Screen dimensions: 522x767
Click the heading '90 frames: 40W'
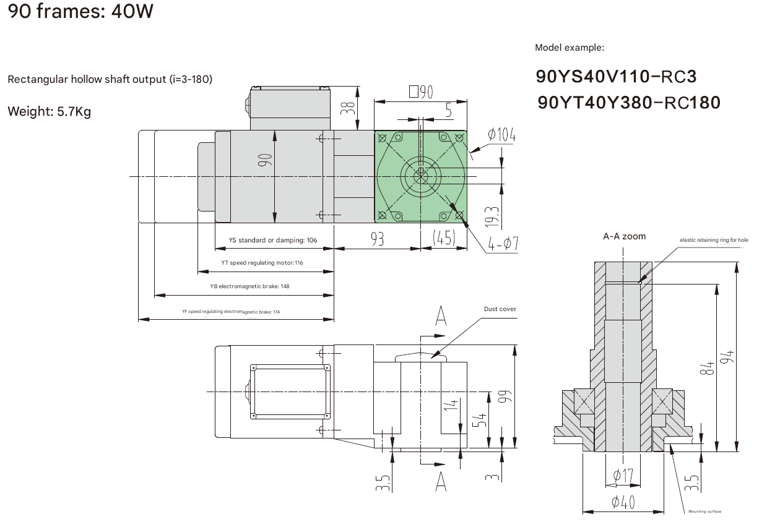click(80, 11)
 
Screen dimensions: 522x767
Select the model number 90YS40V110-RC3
click(616, 77)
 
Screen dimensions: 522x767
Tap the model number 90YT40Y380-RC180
click(629, 102)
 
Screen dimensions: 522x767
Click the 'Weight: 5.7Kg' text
click(49, 112)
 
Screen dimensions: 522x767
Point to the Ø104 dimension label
click(501, 134)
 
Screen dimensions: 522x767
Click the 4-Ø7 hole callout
click(502, 244)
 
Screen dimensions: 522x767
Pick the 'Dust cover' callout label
click(500, 309)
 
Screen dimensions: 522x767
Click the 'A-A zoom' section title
click(624, 236)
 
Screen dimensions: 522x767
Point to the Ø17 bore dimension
click(624, 476)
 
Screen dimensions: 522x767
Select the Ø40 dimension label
click(624, 502)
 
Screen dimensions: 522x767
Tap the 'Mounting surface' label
click(704, 511)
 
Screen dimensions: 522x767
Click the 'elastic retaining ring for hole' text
click(714, 239)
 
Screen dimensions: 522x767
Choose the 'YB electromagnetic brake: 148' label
click(249, 286)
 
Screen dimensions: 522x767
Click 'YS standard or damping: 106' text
click(272, 240)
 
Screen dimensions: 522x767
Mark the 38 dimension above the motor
click(350, 108)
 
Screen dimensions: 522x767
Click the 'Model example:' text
click(569, 48)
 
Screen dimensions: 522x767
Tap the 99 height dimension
click(504, 396)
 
